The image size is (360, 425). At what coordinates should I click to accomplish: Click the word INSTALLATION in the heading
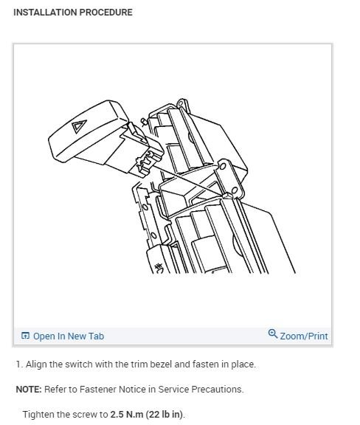45,13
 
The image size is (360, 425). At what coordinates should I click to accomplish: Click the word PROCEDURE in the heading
106,13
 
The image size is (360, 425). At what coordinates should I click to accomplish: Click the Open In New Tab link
68,336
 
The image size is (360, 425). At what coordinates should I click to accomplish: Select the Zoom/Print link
304,336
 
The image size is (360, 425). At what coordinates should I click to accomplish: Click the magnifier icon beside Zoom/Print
273,335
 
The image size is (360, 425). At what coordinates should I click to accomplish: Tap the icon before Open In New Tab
26,336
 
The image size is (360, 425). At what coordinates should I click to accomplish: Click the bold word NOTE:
28,390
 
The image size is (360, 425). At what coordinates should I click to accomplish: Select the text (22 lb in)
167,415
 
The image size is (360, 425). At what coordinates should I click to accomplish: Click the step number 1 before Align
18,364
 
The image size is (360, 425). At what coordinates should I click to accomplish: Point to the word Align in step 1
36,364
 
